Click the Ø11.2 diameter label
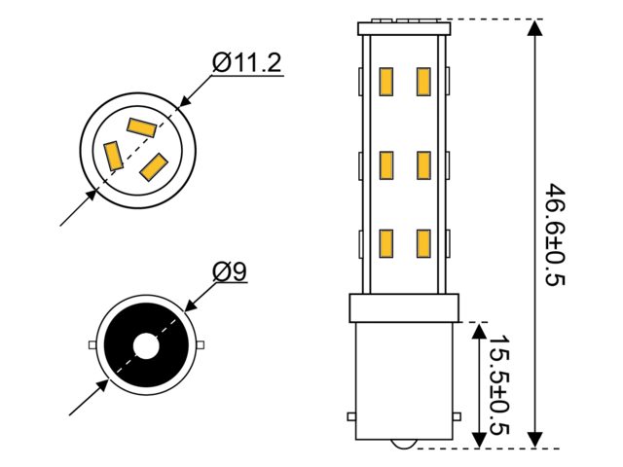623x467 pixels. click(x=246, y=62)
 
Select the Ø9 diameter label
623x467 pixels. click(x=230, y=271)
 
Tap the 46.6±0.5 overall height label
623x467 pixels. click(x=554, y=234)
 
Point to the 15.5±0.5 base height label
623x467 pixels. click(x=498, y=385)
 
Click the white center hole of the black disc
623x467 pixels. click(x=146, y=346)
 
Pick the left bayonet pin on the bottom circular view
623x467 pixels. click(x=92, y=345)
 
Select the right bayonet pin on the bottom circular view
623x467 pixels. click(x=201, y=344)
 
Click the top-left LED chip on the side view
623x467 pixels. click(x=385, y=82)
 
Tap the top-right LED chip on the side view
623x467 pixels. click(x=423, y=82)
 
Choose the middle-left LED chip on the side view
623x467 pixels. click(x=385, y=165)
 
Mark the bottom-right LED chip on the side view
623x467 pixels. click(x=423, y=243)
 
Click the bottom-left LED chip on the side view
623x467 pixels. click(x=385, y=243)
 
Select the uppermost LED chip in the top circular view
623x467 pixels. click(x=141, y=127)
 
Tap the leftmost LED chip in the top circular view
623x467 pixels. click(x=113, y=156)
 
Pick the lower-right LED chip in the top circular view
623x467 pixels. click(x=154, y=166)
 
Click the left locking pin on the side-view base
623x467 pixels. click(x=351, y=416)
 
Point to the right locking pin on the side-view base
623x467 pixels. click(x=457, y=416)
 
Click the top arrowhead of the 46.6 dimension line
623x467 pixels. click(x=536, y=28)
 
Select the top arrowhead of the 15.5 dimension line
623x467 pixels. click(x=479, y=331)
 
